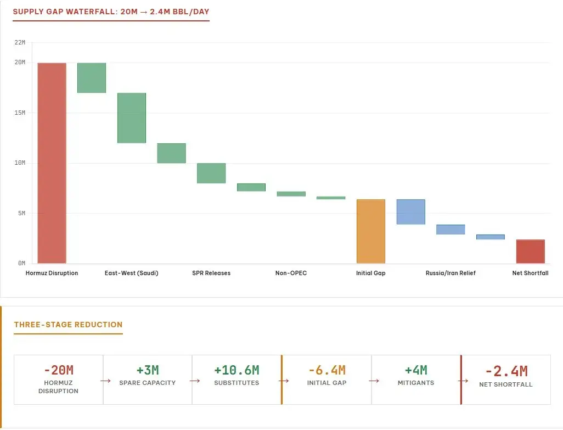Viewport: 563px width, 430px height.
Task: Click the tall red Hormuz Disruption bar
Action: (x=52, y=163)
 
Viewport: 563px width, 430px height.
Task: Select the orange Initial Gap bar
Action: (x=371, y=231)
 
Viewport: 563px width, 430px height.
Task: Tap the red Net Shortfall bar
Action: (x=530, y=252)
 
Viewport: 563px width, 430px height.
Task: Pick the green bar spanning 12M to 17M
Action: (x=131, y=118)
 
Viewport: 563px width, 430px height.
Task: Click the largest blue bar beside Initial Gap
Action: (x=410, y=212)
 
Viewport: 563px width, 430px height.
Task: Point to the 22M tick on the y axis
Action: (x=20, y=43)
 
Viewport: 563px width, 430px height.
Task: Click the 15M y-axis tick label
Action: (x=20, y=113)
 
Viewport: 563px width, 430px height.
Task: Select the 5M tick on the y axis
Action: (x=21, y=214)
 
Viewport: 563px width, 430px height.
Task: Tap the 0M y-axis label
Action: (x=21, y=264)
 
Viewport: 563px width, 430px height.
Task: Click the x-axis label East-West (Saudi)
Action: (x=131, y=273)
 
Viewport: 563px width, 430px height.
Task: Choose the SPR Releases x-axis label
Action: (x=211, y=273)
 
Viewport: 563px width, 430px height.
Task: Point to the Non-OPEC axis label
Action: (x=291, y=273)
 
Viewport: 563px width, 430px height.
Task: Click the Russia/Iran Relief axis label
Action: (x=451, y=273)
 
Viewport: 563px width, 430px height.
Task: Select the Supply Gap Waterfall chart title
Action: (x=110, y=12)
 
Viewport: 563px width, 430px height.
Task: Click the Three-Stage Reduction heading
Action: (x=68, y=325)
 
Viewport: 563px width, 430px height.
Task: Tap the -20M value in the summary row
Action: (x=58, y=370)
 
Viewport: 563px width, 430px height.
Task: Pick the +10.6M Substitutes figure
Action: (x=237, y=370)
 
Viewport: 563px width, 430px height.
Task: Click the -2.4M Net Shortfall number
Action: (x=506, y=371)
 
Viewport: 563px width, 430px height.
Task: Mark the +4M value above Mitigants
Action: (x=415, y=370)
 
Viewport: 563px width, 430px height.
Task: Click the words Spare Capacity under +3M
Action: (x=147, y=383)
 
